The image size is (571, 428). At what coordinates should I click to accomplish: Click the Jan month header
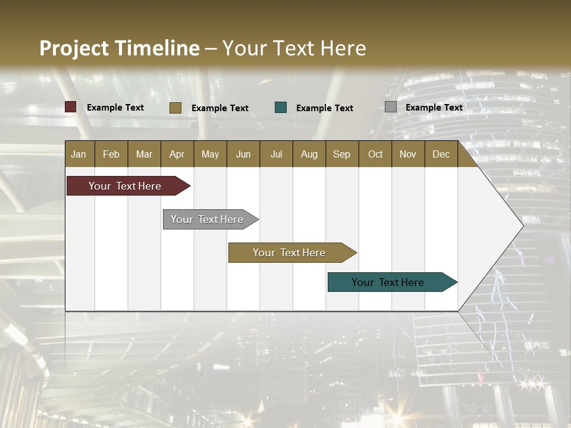79,154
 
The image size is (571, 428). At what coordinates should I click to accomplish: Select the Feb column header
111,154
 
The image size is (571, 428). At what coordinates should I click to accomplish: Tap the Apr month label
177,154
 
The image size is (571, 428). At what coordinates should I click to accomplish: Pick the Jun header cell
243,154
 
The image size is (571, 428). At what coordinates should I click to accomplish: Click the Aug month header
309,154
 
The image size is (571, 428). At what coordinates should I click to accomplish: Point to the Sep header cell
341,154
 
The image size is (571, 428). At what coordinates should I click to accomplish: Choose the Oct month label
375,154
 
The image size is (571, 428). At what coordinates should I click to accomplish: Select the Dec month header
441,154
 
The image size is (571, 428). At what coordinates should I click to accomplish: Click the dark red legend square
71,107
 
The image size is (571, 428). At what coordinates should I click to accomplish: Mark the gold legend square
175,108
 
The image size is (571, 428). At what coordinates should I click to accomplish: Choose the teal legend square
281,108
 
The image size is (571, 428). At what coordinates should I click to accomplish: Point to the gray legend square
391,107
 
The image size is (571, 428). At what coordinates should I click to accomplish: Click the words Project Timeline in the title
120,48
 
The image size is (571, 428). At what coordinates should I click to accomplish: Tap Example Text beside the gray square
434,107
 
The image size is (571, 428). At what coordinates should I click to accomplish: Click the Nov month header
408,154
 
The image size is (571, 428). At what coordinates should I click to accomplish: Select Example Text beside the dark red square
115,107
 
